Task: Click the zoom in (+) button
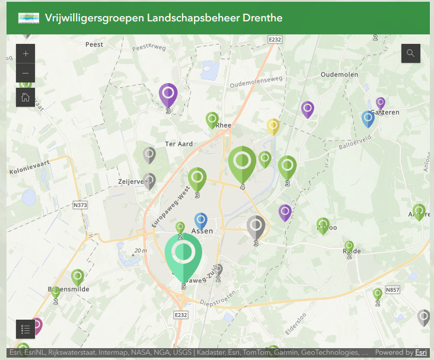25,53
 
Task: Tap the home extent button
25,97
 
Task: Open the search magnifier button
410,53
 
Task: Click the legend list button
25,329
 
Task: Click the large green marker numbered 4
242,163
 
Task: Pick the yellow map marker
273,126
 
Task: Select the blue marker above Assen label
201,220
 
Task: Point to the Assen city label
202,231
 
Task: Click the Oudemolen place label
339,75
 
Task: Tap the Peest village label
94,44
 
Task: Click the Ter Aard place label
179,144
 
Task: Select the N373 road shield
80,205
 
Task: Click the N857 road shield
392,290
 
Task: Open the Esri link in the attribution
421,352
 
